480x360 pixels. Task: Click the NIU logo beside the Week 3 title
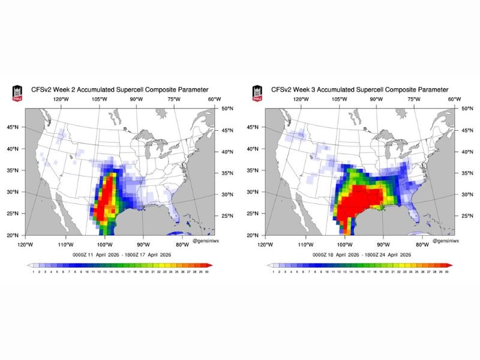point(257,92)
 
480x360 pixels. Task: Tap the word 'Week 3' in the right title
point(305,89)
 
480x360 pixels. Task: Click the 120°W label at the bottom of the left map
point(25,244)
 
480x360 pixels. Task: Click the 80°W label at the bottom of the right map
point(422,244)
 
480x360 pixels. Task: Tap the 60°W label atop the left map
point(214,99)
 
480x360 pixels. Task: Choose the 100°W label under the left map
point(104,244)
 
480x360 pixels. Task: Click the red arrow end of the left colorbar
point(209,264)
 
